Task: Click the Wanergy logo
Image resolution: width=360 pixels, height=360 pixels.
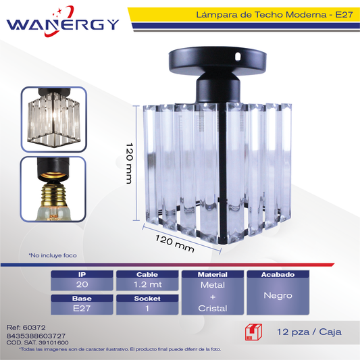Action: (x=63, y=22)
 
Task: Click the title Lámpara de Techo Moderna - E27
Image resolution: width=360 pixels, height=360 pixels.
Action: (x=274, y=15)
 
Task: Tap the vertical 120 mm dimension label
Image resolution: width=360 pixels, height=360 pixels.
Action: (x=130, y=163)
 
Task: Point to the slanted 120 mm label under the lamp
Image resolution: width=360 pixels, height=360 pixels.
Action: (x=174, y=244)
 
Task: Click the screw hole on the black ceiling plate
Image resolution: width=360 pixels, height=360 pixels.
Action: (x=238, y=55)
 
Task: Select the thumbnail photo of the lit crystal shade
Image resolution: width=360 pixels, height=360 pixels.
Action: (x=54, y=119)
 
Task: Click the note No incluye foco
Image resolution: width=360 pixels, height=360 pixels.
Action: (x=53, y=255)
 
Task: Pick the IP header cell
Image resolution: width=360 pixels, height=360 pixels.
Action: (x=82, y=274)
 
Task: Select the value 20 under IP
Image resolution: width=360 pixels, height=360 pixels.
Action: (x=82, y=284)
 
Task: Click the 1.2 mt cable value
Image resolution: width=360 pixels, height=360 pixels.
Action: (x=148, y=284)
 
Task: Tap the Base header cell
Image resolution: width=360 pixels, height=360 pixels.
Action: (x=82, y=299)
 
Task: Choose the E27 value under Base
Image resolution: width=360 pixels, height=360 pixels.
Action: (x=82, y=309)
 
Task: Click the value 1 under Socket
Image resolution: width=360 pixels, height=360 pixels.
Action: (x=147, y=309)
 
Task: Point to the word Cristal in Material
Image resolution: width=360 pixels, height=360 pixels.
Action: (x=213, y=309)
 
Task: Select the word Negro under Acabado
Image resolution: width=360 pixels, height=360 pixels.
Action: (x=278, y=295)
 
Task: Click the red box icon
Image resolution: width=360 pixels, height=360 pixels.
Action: (x=253, y=332)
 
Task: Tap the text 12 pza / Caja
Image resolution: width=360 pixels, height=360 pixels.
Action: (x=309, y=332)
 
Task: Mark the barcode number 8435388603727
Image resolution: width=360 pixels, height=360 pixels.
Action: (x=36, y=336)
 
